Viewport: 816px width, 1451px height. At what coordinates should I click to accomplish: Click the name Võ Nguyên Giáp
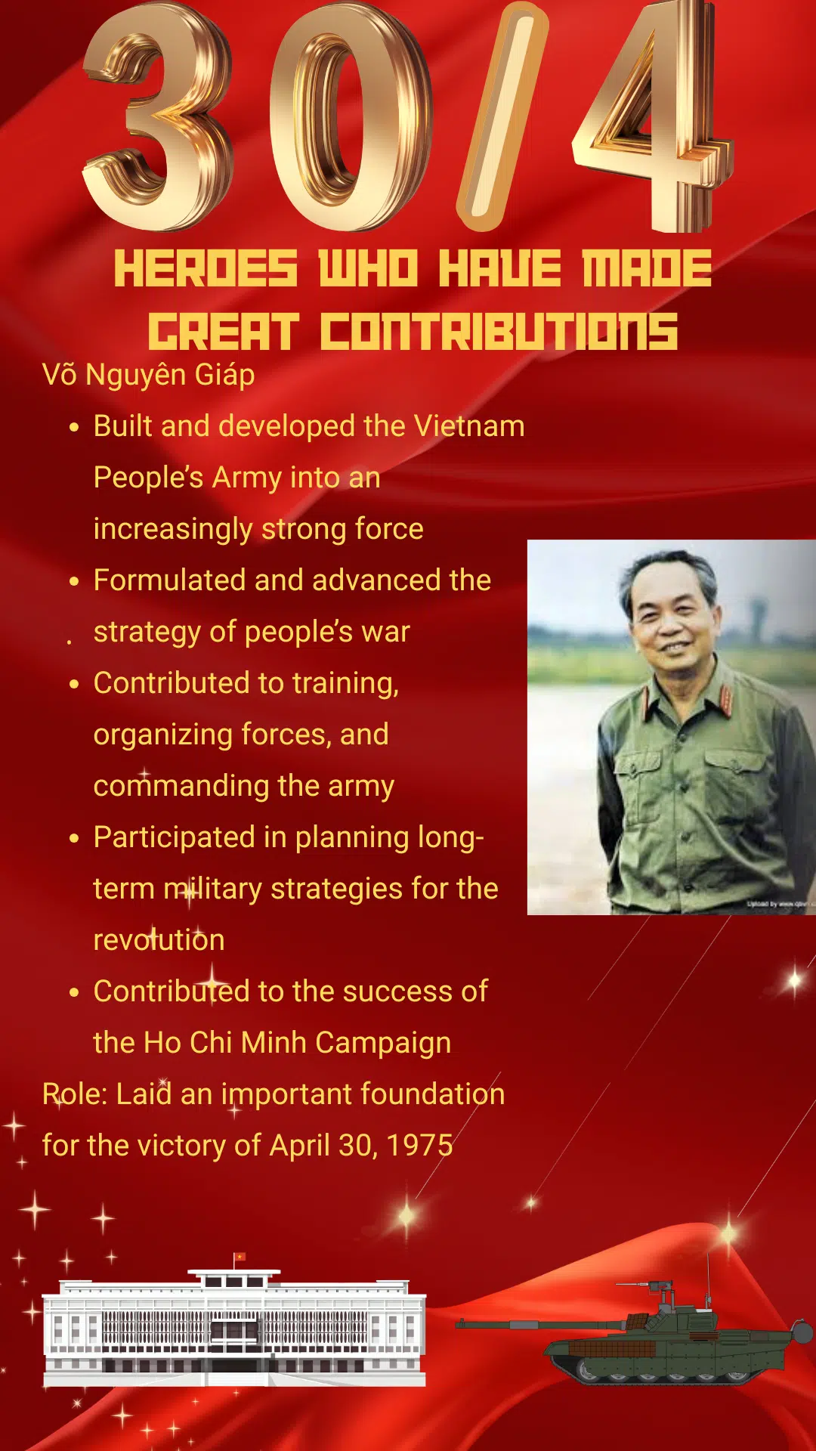coord(149,375)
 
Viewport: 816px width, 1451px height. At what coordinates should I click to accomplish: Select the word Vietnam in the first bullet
coord(469,426)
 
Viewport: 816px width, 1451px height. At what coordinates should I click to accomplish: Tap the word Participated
coord(174,837)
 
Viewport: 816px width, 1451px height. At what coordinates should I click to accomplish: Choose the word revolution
coord(159,940)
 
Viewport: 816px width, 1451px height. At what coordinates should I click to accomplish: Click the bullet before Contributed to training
coord(74,684)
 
